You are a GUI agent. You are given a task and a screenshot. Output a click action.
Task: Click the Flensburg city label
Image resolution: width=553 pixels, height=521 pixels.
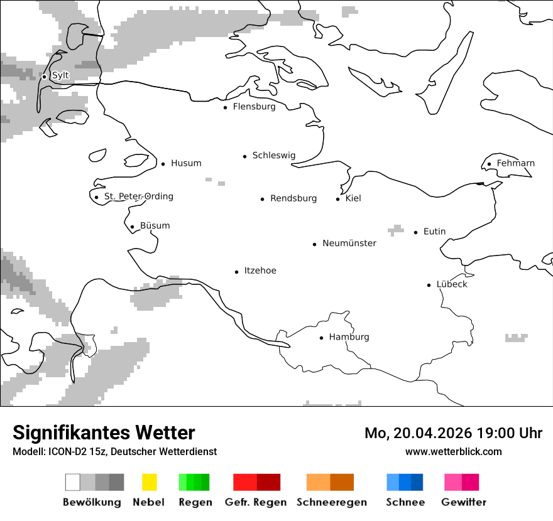[x=254, y=107]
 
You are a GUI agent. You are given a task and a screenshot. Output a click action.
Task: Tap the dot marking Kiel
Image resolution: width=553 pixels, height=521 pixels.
[x=338, y=199]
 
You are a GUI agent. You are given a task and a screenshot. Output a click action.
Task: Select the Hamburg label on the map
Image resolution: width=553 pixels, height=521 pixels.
[x=349, y=337]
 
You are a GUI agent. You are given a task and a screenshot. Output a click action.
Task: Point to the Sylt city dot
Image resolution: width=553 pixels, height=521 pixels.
[x=45, y=77]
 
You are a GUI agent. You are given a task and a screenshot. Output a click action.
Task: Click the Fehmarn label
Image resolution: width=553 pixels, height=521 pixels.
[x=515, y=163]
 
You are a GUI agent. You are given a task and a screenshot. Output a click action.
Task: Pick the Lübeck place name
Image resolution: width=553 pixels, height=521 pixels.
[x=452, y=284]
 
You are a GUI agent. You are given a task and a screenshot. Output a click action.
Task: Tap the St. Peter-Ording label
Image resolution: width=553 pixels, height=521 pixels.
[x=138, y=196]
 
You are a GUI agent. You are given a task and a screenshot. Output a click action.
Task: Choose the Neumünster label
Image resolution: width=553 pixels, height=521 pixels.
[x=349, y=243]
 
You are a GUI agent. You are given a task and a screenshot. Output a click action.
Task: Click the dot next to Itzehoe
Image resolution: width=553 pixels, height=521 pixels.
[x=237, y=272]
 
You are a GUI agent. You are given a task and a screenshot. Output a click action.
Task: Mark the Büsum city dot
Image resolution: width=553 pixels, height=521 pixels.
[x=132, y=227]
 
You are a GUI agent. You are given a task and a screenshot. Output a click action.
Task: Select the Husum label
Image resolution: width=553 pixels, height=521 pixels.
[x=186, y=163]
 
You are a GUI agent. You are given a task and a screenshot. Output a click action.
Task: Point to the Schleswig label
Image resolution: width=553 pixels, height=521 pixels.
[x=273, y=156]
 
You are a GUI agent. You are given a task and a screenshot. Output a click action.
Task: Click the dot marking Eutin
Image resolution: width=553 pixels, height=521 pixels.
[x=416, y=232]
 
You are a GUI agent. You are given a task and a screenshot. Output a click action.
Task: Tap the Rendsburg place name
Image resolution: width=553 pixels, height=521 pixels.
[x=293, y=198]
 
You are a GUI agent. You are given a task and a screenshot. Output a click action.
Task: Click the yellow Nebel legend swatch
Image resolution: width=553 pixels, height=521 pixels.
[x=150, y=482]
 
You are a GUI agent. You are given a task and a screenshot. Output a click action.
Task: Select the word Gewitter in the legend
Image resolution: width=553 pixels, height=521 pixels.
[x=464, y=502]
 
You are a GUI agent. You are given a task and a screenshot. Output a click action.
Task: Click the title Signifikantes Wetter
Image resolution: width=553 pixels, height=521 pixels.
[x=104, y=432]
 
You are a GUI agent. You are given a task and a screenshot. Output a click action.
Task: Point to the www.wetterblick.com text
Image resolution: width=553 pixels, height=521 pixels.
[x=453, y=451]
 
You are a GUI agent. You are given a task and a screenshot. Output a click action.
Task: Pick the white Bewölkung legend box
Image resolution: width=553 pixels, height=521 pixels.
[x=73, y=482]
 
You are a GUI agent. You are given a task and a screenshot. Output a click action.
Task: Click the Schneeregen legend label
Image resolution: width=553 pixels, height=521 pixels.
[x=332, y=502]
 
